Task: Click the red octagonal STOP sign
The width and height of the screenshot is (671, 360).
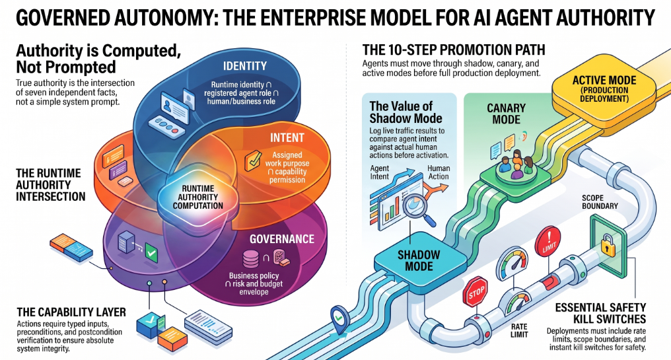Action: pos(476,292)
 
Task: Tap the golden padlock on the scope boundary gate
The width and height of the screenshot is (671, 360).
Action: pos(608,245)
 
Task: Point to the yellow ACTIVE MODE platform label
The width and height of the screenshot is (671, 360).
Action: pos(604,89)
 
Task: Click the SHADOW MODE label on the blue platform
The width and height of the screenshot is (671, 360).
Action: pos(419,260)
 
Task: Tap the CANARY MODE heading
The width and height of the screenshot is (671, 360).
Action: pos(507,114)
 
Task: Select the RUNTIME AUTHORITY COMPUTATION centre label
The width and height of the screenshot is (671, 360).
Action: pos(197,197)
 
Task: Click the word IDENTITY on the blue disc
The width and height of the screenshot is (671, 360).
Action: pos(245,66)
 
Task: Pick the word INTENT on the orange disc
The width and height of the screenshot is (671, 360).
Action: pos(287,137)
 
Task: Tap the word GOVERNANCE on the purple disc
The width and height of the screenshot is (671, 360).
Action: pos(282,239)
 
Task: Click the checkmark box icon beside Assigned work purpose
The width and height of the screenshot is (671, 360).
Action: pos(253,161)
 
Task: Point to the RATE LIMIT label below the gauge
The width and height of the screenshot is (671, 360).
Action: pos(519,330)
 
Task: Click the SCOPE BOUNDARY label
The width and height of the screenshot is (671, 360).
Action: pos(600,201)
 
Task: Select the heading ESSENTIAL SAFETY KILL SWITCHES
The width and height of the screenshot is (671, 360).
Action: pos(600,313)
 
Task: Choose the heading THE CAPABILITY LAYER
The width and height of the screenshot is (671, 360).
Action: pos(71,312)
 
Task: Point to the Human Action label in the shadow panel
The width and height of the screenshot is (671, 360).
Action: pos(439,172)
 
